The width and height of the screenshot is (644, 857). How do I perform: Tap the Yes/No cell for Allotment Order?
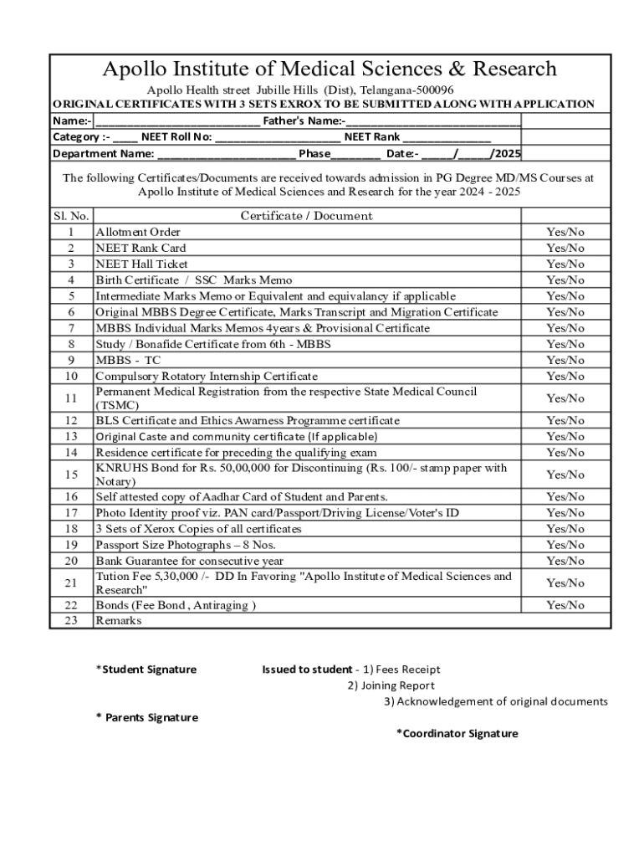coord(565,232)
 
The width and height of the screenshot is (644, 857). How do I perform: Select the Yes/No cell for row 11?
coord(565,398)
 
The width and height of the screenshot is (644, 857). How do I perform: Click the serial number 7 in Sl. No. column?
coord(71,328)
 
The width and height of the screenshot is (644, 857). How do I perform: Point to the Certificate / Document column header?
coord(306,216)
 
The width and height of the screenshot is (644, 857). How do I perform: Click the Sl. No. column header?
coord(71,216)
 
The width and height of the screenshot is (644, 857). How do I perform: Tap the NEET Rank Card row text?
coord(141,248)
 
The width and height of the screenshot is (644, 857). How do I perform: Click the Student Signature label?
coord(147,670)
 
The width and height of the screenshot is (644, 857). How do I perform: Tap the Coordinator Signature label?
coord(457,734)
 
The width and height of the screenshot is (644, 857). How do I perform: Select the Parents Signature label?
coord(148,718)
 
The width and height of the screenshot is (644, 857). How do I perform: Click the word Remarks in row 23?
coord(119,621)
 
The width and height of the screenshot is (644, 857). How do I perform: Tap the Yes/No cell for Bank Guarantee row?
coord(565,561)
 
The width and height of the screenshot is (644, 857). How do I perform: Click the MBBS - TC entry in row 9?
coord(127,360)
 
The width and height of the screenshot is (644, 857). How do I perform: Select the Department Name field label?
coord(103,153)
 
